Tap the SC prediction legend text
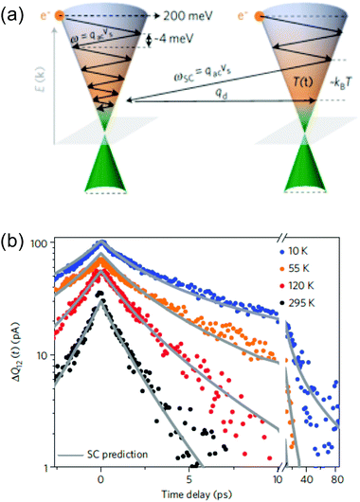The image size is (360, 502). pyautogui.click(x=112, y=454)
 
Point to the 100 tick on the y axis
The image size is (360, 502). pyautogui.click(x=37, y=245)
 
